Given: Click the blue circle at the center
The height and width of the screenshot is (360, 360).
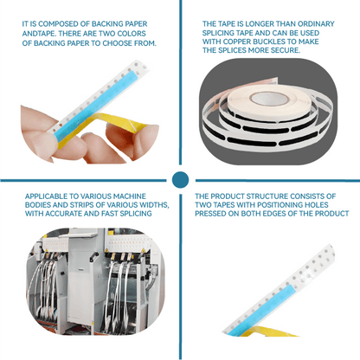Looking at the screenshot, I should (x=180, y=180).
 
